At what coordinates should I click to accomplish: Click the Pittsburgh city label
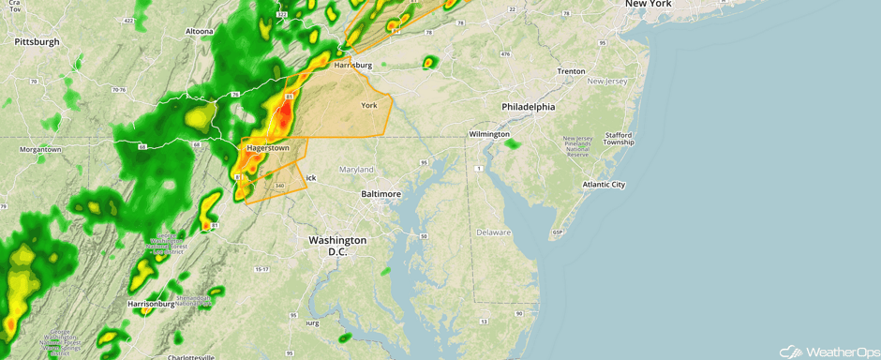click(x=37, y=41)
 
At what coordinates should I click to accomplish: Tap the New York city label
click(x=649, y=5)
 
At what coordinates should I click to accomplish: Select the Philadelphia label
click(x=528, y=107)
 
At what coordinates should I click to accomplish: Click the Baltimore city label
click(x=381, y=193)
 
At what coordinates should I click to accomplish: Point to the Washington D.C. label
click(x=337, y=246)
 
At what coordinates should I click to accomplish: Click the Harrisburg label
click(x=353, y=66)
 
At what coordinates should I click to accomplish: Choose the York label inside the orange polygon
click(x=369, y=105)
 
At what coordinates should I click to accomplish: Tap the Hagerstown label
click(x=267, y=148)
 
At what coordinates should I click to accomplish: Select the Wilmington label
click(x=488, y=135)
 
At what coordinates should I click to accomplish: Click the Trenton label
click(x=571, y=71)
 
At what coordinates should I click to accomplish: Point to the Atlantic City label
click(x=604, y=185)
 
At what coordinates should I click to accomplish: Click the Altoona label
click(x=199, y=31)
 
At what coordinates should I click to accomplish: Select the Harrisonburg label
click(x=151, y=304)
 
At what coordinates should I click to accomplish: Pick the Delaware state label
click(x=493, y=232)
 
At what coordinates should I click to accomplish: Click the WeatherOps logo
click(x=829, y=351)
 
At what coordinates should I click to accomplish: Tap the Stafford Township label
click(x=619, y=139)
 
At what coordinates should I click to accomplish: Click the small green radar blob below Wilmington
click(x=513, y=144)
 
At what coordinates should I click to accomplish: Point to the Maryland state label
click(x=356, y=170)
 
